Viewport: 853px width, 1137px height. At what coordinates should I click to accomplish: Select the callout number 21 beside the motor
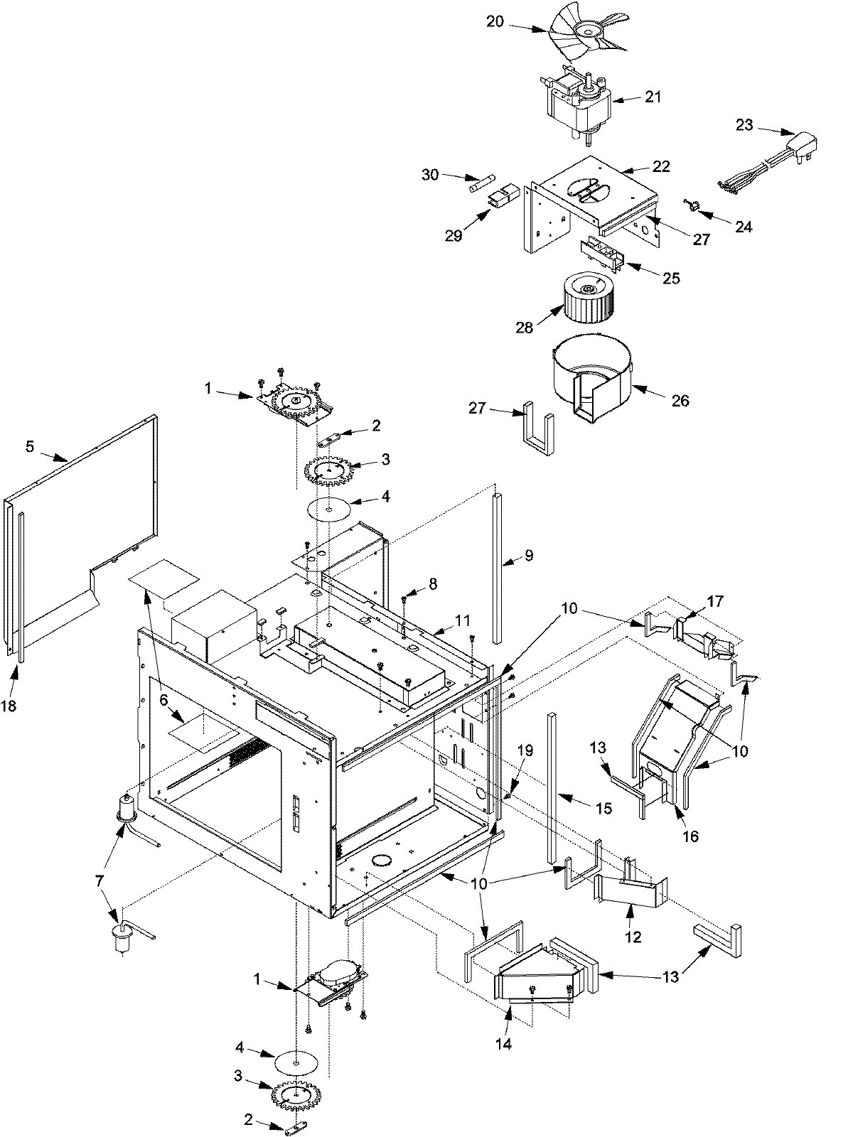653,97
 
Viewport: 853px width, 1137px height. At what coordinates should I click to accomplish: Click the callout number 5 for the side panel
30,446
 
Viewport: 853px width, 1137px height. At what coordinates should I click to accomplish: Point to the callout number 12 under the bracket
632,937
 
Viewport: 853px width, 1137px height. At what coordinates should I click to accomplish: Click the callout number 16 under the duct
690,836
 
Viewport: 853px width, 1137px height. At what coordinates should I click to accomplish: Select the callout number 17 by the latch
715,602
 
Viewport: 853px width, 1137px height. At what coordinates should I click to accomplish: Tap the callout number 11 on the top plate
463,620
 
